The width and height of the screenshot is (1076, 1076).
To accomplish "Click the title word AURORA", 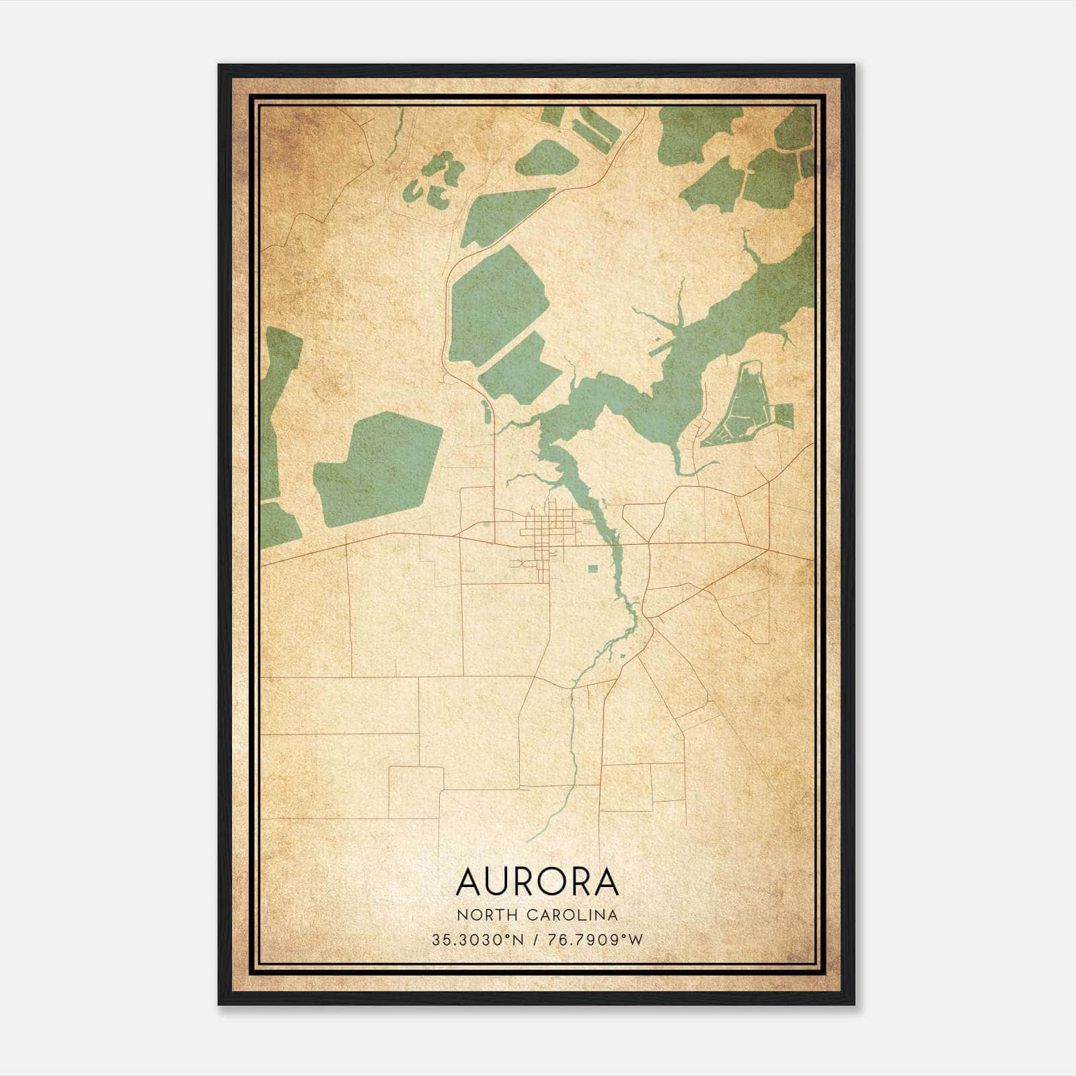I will (x=537, y=882).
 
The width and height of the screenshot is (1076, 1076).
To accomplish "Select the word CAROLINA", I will (x=572, y=915).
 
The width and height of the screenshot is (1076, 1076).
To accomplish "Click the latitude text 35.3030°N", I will (x=477, y=939).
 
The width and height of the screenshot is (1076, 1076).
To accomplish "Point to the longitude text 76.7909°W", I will (x=595, y=939).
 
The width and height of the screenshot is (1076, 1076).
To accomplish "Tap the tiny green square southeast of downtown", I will (x=592, y=569).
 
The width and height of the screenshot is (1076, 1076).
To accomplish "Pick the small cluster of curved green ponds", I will (x=434, y=180).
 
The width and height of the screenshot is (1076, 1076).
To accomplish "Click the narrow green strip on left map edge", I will (x=276, y=410).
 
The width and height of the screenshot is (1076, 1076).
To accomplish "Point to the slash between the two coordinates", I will (x=536, y=939).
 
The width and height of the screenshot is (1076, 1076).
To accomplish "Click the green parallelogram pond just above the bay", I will (x=521, y=369).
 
